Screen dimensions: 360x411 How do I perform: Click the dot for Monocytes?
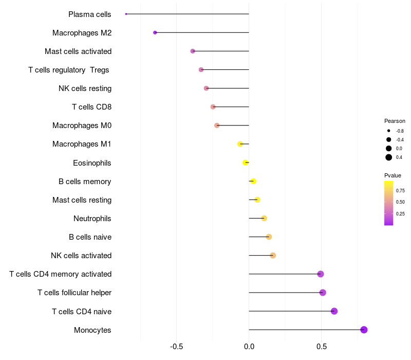pos(364,330)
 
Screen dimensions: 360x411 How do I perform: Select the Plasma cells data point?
pos(126,14)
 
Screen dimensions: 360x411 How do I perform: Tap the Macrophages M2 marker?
pos(155,32)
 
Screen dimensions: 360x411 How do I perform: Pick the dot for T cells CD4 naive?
pos(334,311)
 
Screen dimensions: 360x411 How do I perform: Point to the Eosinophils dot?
pos(246,163)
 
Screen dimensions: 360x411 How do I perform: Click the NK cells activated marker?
pos(273,256)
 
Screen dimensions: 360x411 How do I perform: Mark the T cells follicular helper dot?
pos(323,293)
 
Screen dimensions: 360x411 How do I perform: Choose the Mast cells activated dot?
pos(193,51)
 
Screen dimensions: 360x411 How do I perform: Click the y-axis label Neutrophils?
pos(92,219)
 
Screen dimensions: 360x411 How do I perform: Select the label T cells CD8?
pos(91,107)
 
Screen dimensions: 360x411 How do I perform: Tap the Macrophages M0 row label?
pos(82,125)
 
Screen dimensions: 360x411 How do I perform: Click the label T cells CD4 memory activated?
pos(60,274)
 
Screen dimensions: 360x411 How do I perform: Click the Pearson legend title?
pos(395,121)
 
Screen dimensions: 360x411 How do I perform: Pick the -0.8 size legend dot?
pos(389,131)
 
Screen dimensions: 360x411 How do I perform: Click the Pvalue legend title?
pos(393,175)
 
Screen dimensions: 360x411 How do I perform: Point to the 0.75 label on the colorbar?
pos(400,190)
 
